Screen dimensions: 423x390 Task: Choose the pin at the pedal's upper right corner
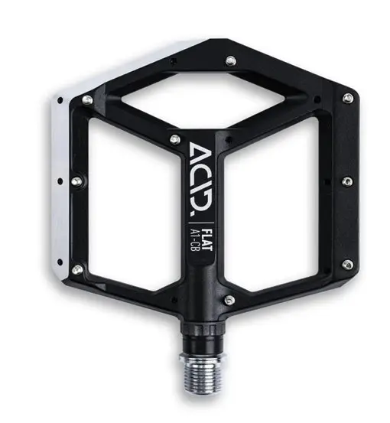(x=348, y=98)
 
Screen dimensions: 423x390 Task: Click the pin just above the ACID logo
(x=174, y=138)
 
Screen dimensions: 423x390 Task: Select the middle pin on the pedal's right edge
(x=346, y=181)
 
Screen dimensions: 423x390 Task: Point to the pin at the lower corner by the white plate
(x=76, y=268)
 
